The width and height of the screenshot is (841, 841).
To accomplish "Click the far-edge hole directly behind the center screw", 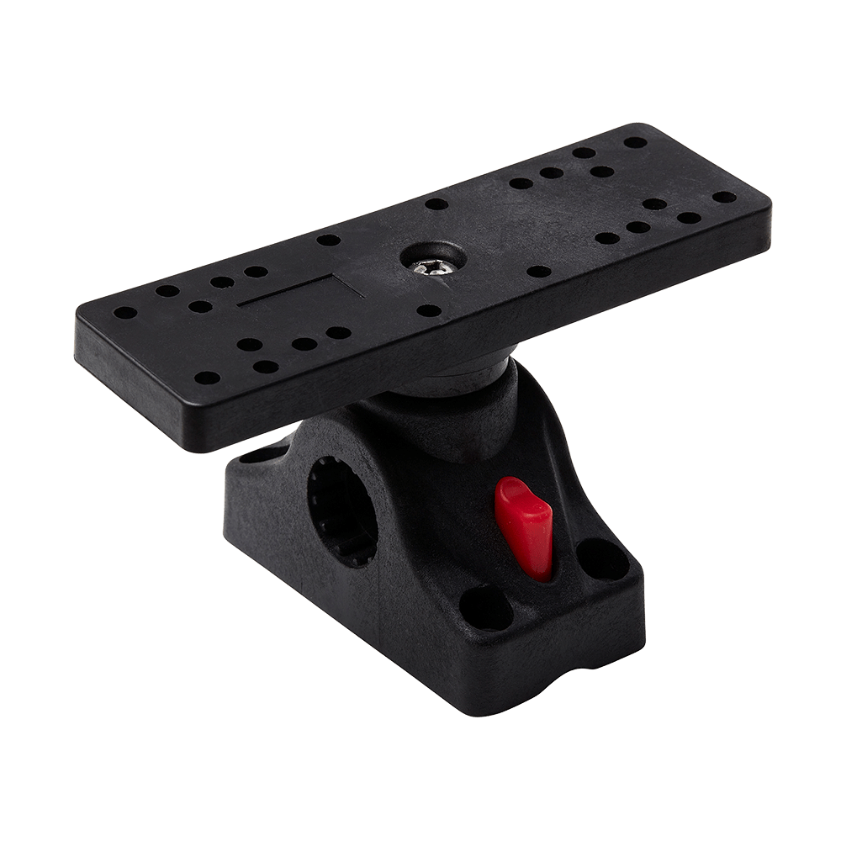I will (433, 203).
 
